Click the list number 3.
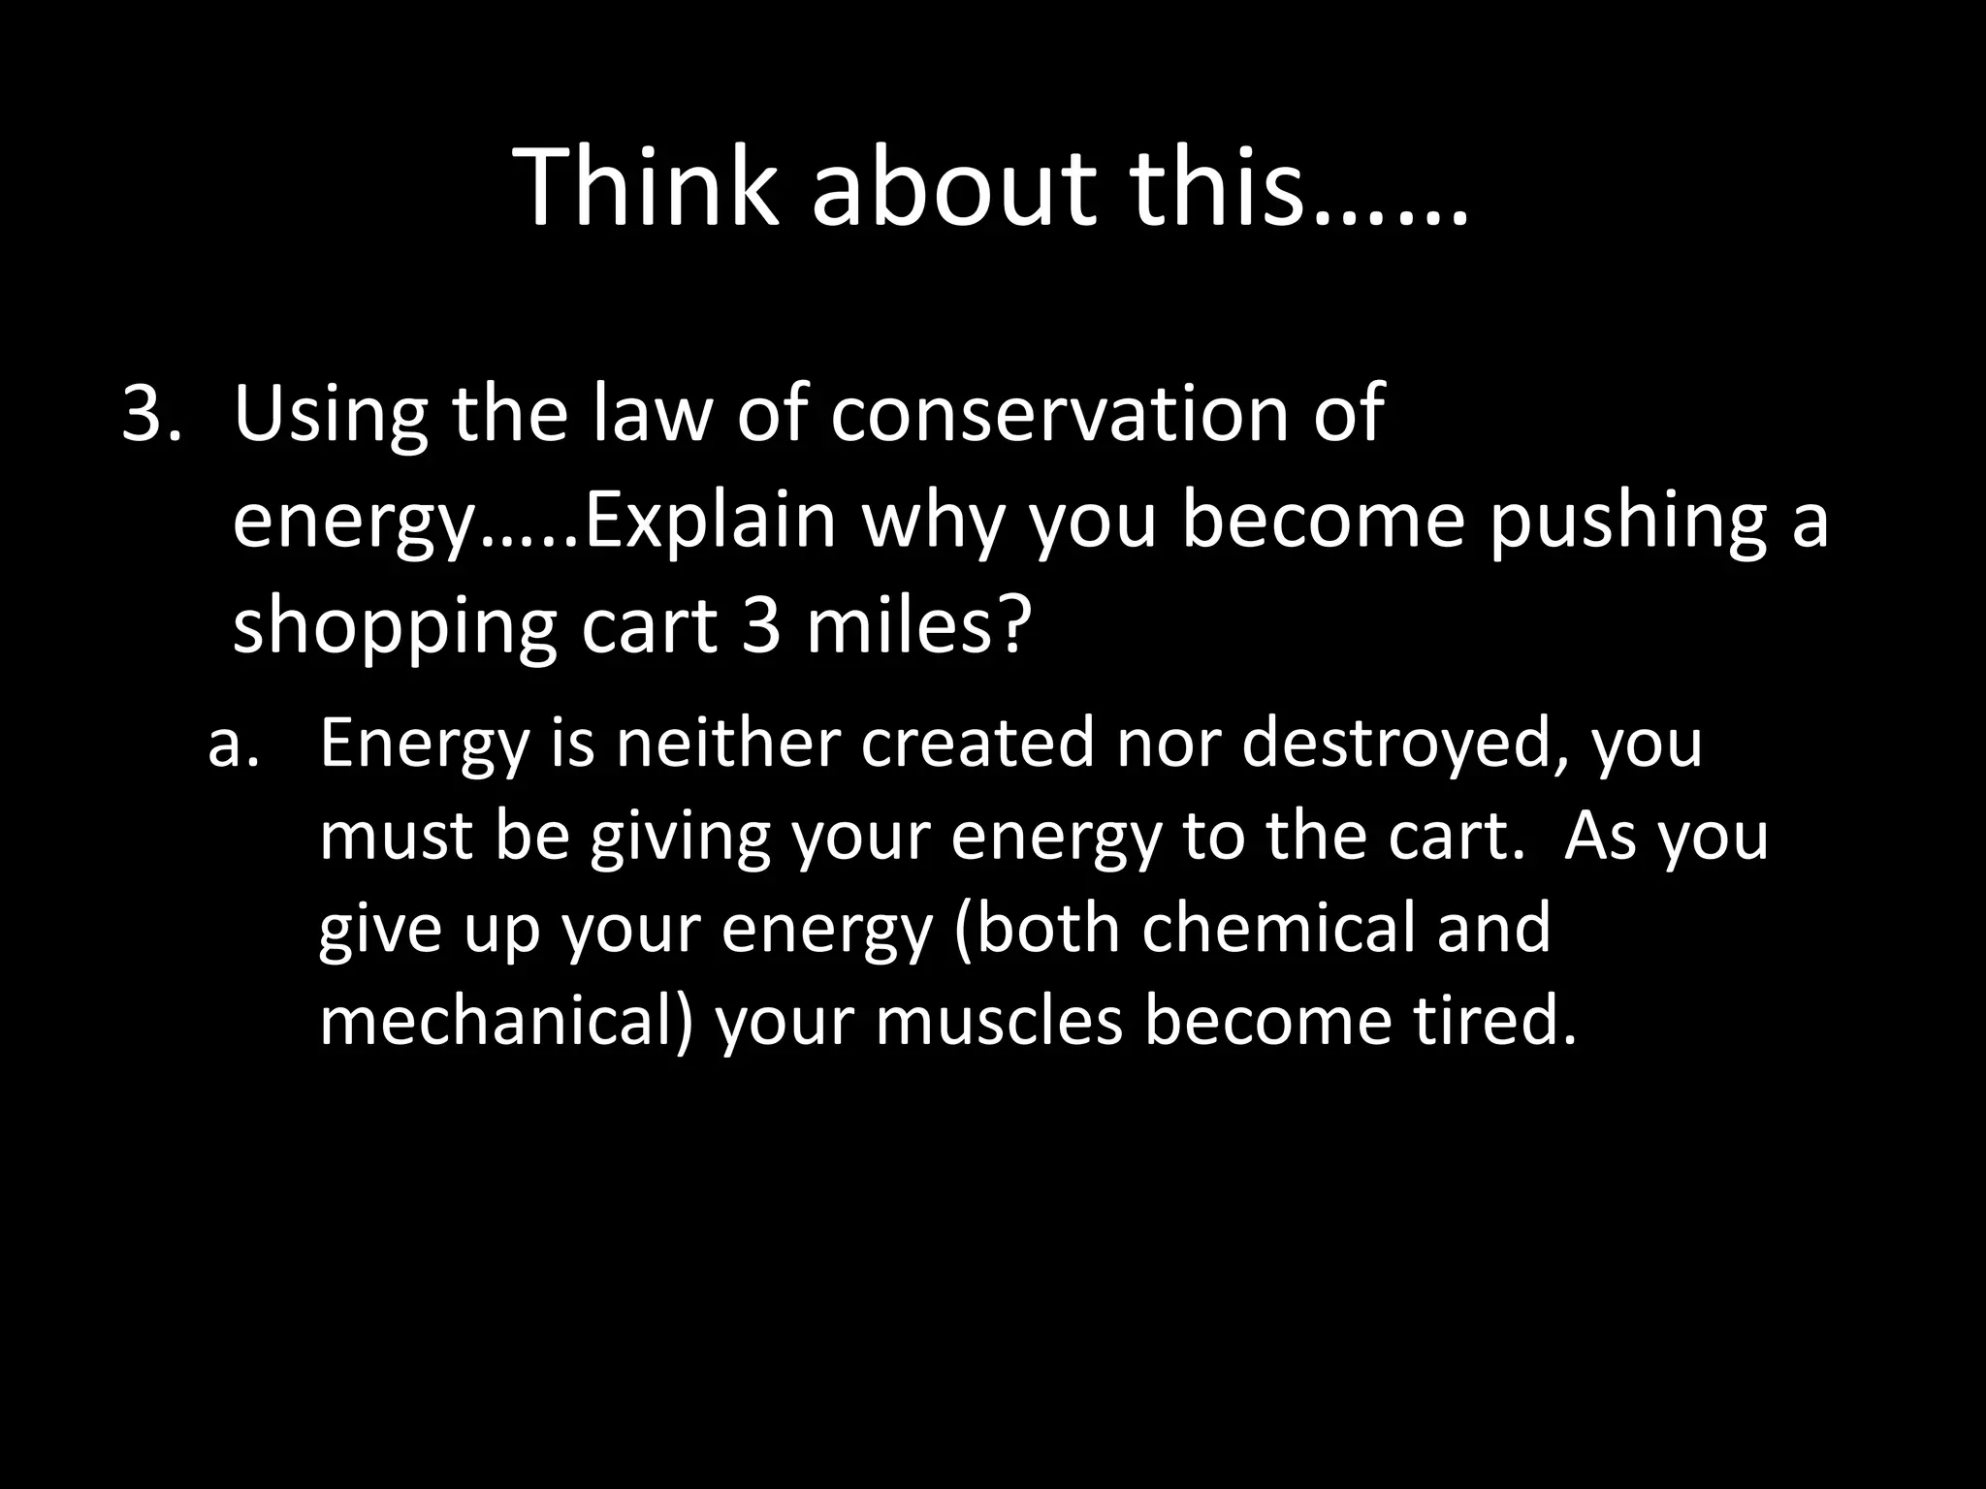150,414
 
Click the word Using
330,414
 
